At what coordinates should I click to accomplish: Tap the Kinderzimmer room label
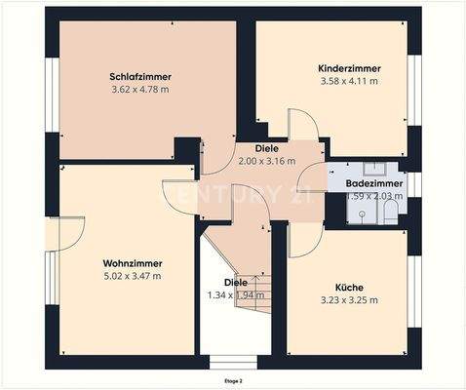[349, 68]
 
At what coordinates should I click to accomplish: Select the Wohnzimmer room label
[132, 263]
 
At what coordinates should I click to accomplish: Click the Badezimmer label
[375, 183]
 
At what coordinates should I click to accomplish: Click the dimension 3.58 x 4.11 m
[349, 81]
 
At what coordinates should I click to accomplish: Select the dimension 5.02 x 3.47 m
[132, 276]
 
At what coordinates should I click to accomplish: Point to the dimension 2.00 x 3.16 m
[267, 161]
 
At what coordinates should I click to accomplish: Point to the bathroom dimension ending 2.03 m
[374, 196]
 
